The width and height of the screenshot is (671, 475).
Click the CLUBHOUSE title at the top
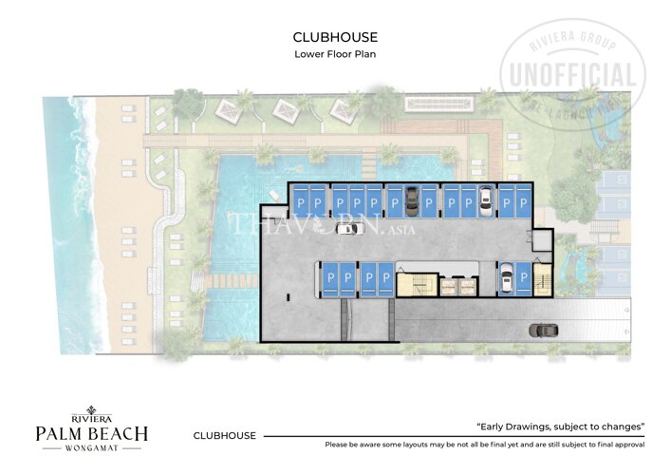pos(335,37)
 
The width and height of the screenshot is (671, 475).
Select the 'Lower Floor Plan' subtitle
pos(335,54)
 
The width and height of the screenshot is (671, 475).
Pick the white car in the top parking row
pos(486,199)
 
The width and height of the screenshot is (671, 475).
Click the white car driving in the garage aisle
pos(347,228)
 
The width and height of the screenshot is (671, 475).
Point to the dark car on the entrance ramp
pos(544,330)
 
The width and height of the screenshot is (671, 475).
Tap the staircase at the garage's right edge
pos(543,279)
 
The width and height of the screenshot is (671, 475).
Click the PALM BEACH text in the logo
pos(91,433)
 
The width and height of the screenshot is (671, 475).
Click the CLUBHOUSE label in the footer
pos(224,436)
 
